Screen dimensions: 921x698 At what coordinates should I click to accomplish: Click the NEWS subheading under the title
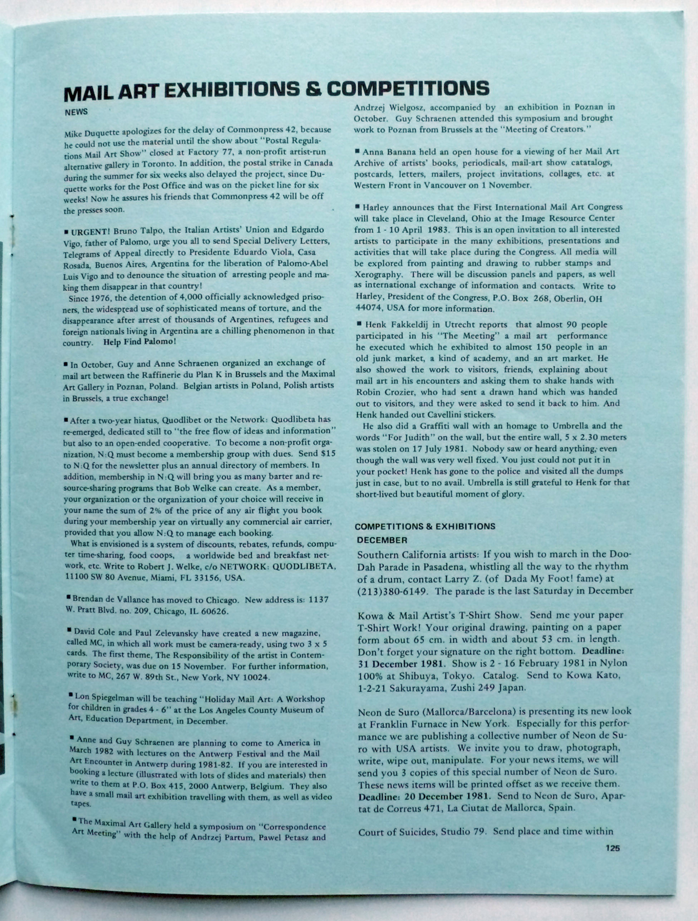(76, 112)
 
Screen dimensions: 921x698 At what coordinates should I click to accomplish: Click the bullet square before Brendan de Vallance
(68, 598)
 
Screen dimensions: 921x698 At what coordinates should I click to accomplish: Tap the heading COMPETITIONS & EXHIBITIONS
(425, 527)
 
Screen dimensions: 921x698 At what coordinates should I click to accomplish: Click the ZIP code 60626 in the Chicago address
(215, 611)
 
